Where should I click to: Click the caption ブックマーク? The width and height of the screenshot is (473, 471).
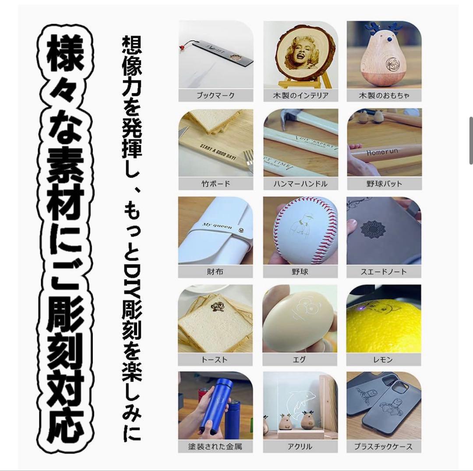point(215,95)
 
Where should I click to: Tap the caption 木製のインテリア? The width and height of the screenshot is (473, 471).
point(300,95)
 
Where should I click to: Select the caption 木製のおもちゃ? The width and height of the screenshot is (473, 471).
point(384,95)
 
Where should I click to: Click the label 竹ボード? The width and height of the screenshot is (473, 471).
point(215,183)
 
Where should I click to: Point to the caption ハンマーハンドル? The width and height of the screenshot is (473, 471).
point(300,183)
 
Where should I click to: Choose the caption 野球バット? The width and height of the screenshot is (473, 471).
point(384,183)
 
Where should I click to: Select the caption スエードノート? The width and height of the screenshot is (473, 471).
point(384,271)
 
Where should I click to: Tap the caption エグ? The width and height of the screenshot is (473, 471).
point(300,360)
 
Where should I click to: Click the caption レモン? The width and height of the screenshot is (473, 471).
point(384,360)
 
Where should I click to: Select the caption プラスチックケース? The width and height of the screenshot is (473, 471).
point(384,447)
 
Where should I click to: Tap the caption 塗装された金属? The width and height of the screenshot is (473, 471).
point(215,447)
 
